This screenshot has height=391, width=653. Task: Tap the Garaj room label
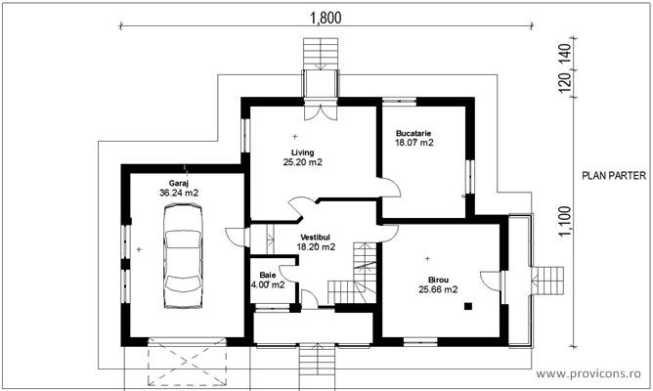pyautogui.click(x=178, y=183)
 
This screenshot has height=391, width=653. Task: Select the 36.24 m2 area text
pyautogui.click(x=178, y=194)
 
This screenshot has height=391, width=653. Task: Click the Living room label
pyautogui.click(x=302, y=152)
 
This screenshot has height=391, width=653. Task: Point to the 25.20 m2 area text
pyautogui.click(x=302, y=162)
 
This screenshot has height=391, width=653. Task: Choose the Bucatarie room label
pyautogui.click(x=414, y=132)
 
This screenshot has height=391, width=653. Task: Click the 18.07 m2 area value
pyautogui.click(x=414, y=143)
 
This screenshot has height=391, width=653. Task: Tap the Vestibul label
pyautogui.click(x=316, y=238)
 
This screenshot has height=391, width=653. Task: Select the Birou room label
pyautogui.click(x=438, y=278)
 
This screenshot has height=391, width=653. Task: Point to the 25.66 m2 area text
pyautogui.click(x=438, y=289)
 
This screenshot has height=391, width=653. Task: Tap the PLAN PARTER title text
pyautogui.click(x=611, y=177)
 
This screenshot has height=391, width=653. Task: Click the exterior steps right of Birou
pyautogui.click(x=553, y=280)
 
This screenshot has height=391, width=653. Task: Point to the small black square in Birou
pyautogui.click(x=468, y=306)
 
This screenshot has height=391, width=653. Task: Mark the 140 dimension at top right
pyautogui.click(x=564, y=55)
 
